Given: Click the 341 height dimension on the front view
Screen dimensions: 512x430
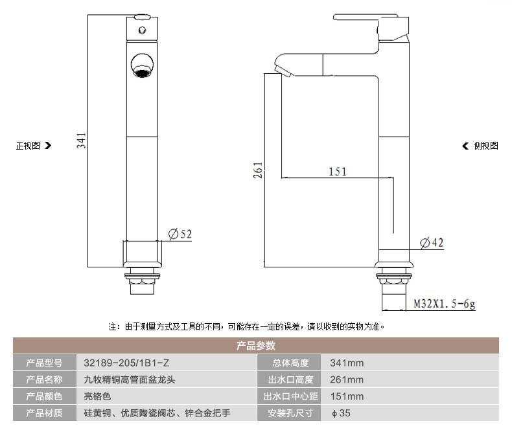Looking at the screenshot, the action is point(81,141).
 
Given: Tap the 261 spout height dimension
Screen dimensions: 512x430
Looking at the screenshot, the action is point(258,170).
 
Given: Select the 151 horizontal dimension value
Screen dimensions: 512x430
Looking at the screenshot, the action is point(337,172).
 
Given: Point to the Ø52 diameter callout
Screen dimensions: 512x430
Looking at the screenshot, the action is point(180,234).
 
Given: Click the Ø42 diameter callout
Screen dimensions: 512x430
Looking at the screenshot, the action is point(432,243).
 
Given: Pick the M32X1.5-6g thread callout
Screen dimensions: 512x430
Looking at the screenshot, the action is point(444,304).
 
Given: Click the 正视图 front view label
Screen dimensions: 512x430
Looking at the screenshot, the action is point(28,146).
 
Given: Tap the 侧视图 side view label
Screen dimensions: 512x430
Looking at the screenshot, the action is point(486,146).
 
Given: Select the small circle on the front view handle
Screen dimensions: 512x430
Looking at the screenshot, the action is point(142,30).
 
